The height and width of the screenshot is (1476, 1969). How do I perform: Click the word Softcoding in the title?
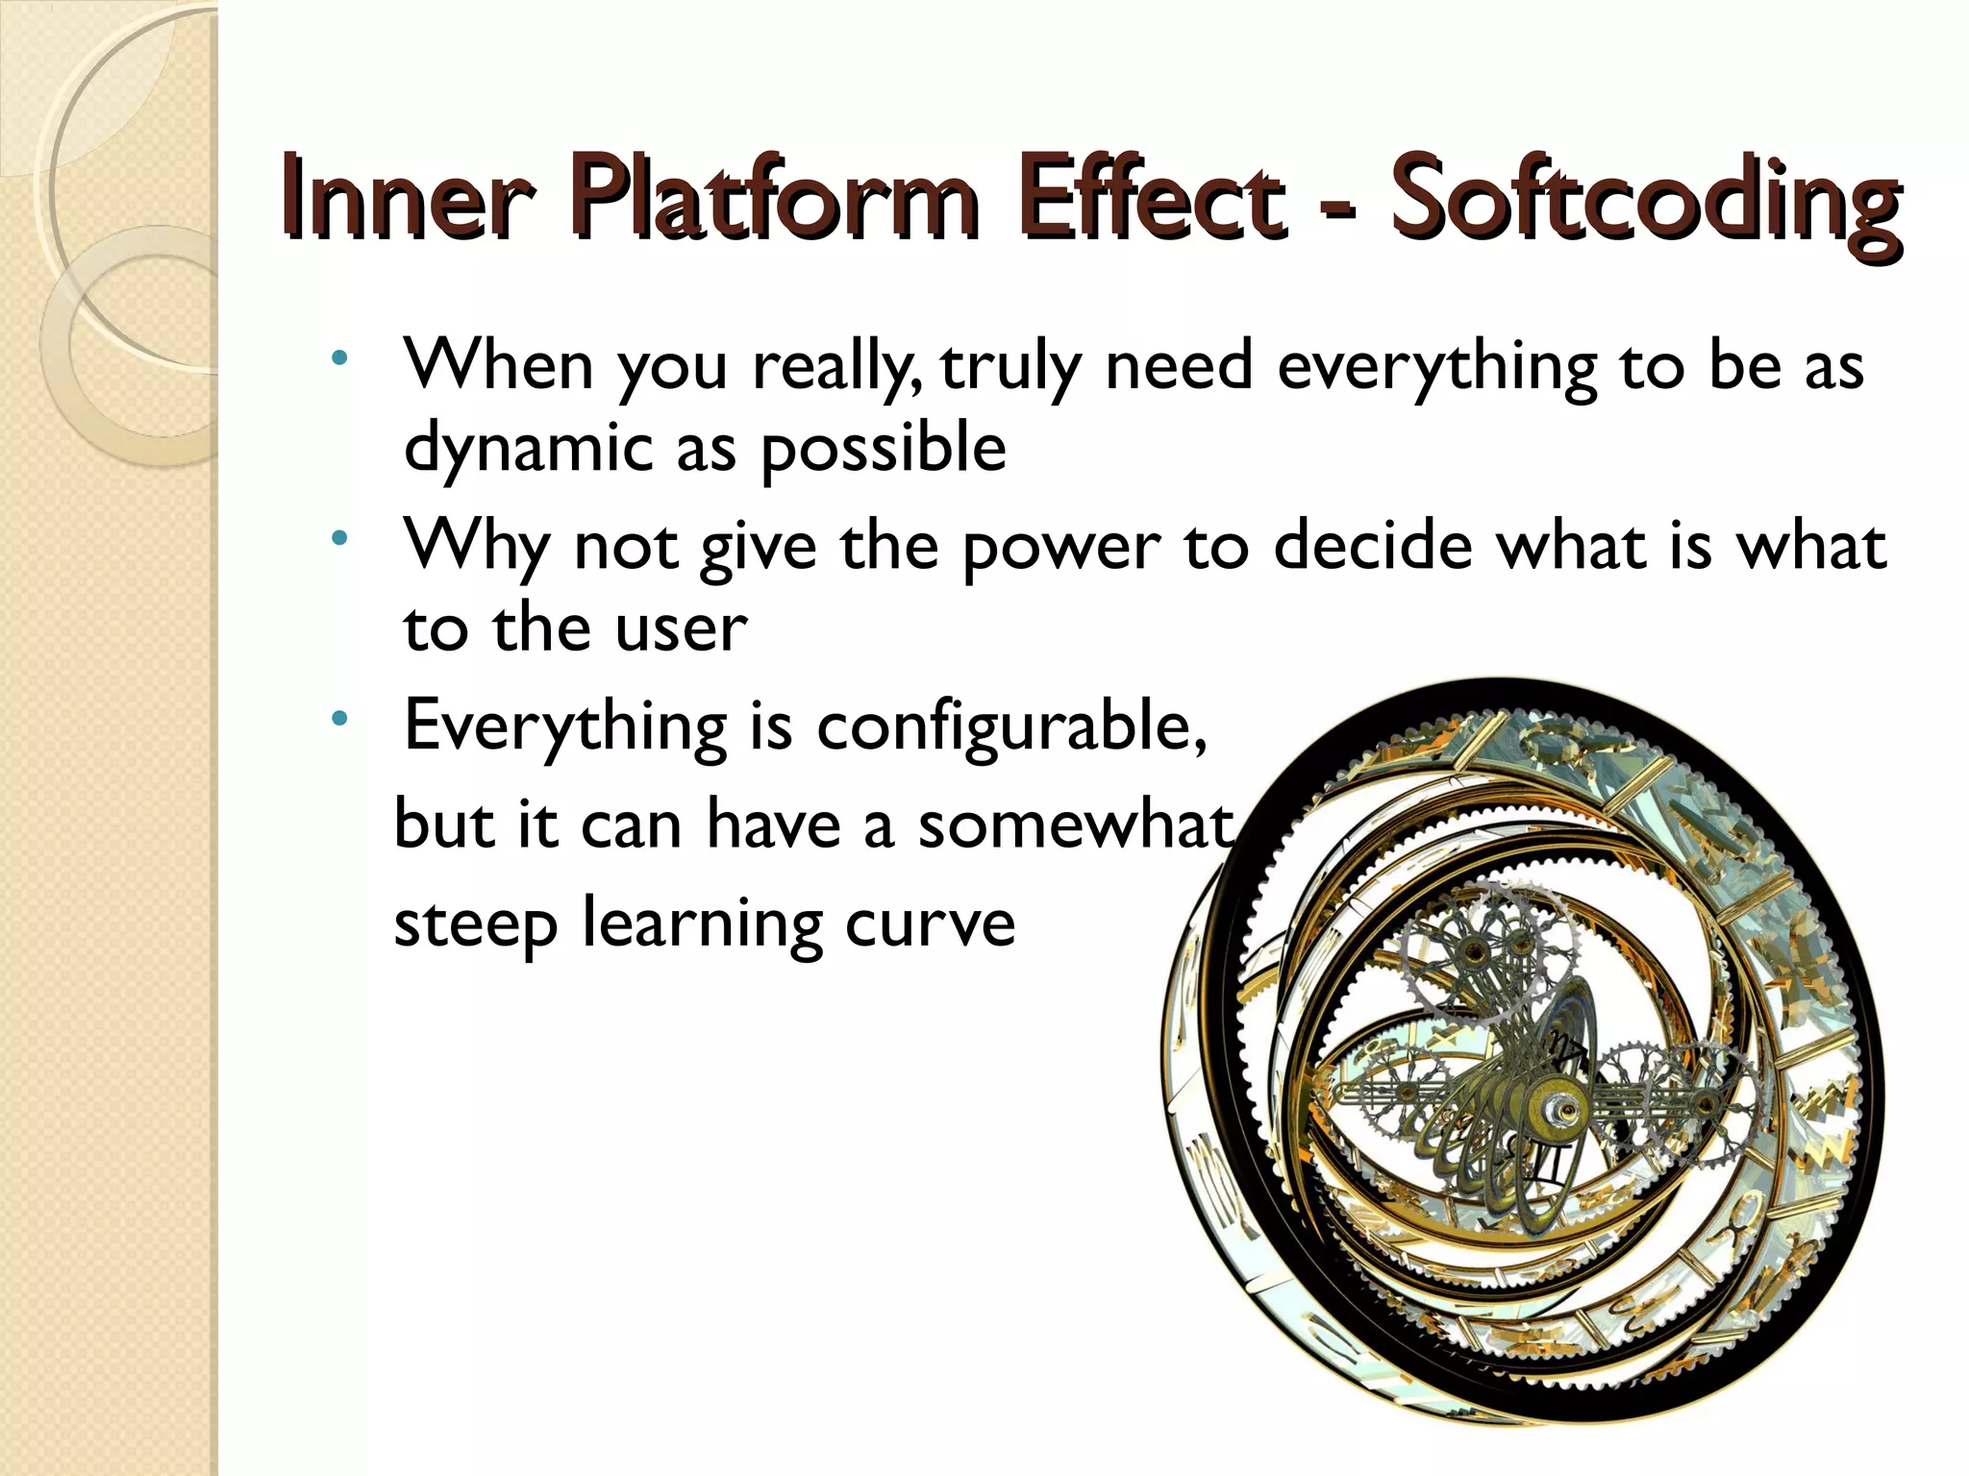pos(1644,202)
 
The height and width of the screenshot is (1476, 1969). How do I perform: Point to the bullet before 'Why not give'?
pos(338,539)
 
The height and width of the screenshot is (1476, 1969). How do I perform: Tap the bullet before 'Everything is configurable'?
pos(338,718)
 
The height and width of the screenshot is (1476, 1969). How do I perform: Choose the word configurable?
pos(1009,727)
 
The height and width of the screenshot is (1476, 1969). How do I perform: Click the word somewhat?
pos(1074,825)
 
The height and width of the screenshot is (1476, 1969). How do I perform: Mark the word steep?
pos(476,924)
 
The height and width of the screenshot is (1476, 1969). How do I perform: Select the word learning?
pos(702,924)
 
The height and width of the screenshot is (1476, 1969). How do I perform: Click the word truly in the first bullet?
pos(1009,368)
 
